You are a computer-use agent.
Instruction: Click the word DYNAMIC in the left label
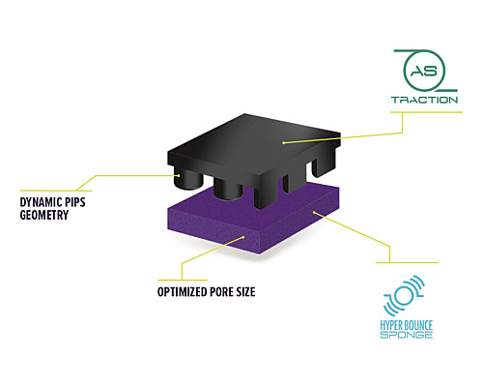point(41,202)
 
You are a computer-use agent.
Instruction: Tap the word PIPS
point(75,202)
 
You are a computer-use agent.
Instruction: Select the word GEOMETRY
point(44,215)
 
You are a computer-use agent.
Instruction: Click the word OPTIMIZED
point(182,292)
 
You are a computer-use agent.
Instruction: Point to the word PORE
point(222,292)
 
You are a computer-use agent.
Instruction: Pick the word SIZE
point(246,292)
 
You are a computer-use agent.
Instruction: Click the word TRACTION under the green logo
point(424,100)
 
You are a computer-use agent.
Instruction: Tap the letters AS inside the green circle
point(424,71)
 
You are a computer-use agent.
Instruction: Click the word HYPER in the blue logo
point(389,325)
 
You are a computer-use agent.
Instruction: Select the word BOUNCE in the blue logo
point(417,325)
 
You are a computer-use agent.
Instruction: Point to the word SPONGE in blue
point(407,335)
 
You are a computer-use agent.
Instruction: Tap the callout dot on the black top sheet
point(284,142)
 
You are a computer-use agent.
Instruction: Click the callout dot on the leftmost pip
point(179,176)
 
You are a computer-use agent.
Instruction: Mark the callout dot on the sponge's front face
point(243,237)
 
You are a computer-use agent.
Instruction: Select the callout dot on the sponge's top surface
point(314,212)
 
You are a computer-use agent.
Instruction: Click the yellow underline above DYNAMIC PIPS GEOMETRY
point(56,191)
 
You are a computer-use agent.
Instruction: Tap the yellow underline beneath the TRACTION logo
point(426,112)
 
